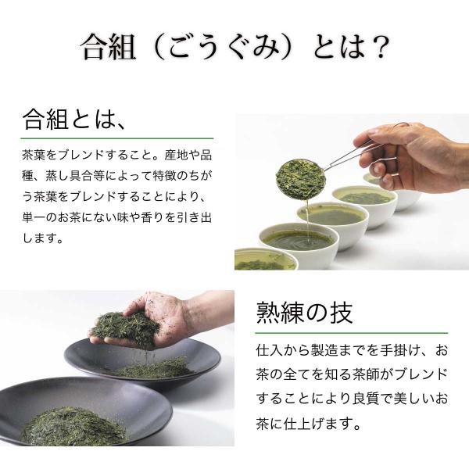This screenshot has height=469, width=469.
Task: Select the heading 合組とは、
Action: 74,120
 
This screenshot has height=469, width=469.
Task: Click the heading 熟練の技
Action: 304,313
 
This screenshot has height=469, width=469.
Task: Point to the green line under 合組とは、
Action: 117,138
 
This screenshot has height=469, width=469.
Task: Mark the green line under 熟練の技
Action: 352,333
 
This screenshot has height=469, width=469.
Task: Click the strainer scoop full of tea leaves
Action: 301,180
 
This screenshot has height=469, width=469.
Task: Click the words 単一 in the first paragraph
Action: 34,217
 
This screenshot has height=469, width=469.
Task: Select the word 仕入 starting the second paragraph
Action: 267,350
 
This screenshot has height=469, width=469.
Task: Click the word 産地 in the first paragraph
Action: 176,156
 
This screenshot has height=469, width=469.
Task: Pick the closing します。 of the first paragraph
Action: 43,238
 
